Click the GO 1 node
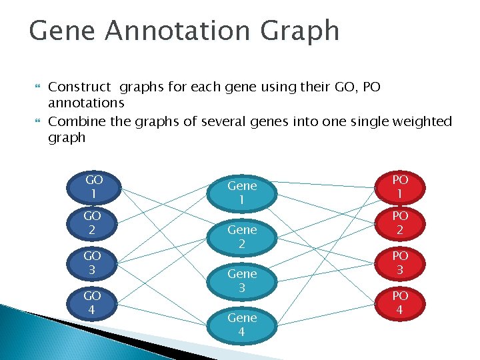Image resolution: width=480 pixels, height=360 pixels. tap(94, 187)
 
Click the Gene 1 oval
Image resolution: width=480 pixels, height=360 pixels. tap(242, 193)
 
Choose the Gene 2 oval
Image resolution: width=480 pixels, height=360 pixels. tap(242, 237)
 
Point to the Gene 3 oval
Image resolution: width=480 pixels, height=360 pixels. tap(242, 281)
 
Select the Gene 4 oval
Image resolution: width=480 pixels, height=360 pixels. tap(242, 325)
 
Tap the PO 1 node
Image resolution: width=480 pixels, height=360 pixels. tap(400, 186)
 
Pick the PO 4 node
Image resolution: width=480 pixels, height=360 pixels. tap(400, 302)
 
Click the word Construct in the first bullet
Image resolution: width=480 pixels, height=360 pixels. tap(80, 87)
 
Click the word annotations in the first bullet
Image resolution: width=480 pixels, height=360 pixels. tap(86, 103)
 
